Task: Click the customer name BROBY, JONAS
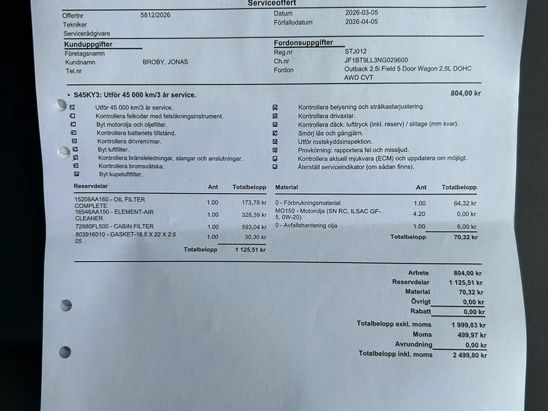[165, 62]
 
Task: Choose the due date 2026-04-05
[362, 23]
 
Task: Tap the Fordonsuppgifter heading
[303, 42]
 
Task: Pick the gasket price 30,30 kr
[255, 237]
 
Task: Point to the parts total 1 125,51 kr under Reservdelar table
[249, 250]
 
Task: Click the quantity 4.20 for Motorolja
[419, 213]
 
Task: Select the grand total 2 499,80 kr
[470, 355]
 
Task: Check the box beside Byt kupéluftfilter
[76, 175]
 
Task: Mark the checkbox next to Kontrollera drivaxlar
[275, 116]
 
